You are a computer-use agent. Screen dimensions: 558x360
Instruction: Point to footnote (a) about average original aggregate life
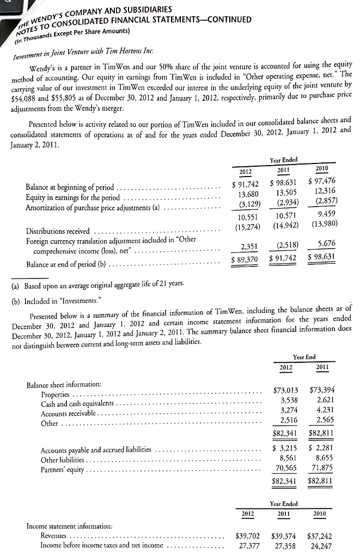click(x=99, y=286)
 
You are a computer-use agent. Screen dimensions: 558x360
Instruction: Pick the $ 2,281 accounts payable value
click(x=321, y=434)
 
